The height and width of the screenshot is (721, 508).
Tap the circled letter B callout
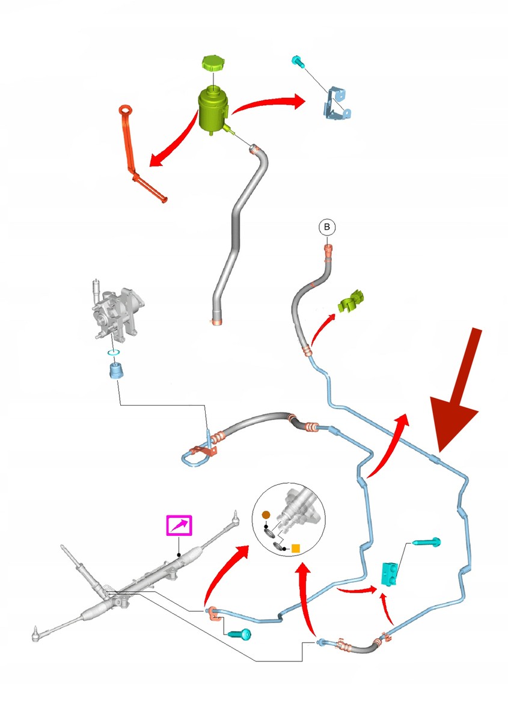point(326,227)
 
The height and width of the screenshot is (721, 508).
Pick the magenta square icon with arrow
point(179,525)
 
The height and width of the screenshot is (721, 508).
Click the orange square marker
point(295,548)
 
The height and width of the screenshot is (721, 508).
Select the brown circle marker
point(266,515)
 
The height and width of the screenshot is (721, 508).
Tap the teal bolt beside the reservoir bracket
point(298,62)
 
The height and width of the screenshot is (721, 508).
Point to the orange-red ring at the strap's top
point(125,110)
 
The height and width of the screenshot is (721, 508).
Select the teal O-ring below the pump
point(114,353)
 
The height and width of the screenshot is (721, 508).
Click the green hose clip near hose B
point(350,301)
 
